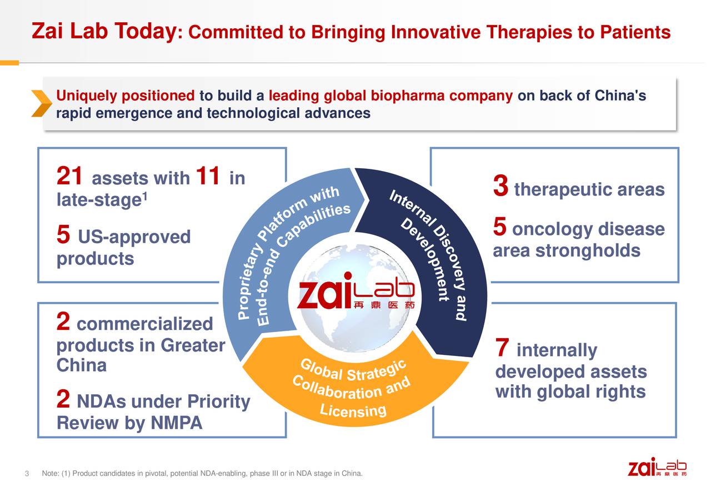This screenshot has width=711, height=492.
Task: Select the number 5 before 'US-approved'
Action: click(x=63, y=236)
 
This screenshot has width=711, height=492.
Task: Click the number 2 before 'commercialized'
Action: click(x=63, y=322)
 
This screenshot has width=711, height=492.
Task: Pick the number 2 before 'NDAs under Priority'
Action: click(x=63, y=399)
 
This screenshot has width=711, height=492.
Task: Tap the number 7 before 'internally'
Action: click(x=502, y=349)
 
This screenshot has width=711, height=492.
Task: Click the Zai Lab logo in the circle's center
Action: click(x=355, y=292)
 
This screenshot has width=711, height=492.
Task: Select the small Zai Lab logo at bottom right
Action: click(x=657, y=467)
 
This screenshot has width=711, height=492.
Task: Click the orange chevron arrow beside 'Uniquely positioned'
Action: click(x=42, y=103)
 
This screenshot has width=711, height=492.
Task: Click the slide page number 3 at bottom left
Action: click(x=26, y=474)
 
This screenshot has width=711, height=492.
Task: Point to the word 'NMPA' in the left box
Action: click(x=176, y=424)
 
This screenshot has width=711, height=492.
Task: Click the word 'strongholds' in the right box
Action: click(x=588, y=251)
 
